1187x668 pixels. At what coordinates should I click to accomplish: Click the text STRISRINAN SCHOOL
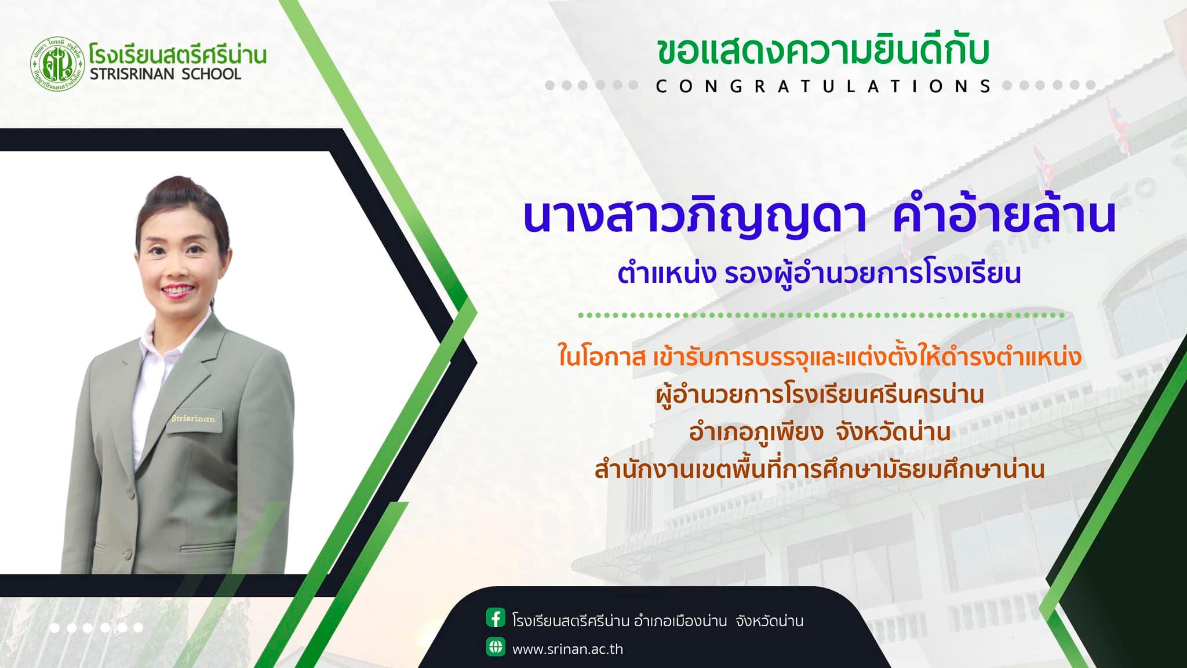[165, 74]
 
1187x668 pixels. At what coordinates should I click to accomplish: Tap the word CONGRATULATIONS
[824, 86]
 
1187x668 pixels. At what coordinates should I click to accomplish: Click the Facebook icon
[496, 618]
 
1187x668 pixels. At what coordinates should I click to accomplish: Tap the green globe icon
[496, 647]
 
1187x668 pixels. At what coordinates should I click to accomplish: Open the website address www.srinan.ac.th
[567, 649]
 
